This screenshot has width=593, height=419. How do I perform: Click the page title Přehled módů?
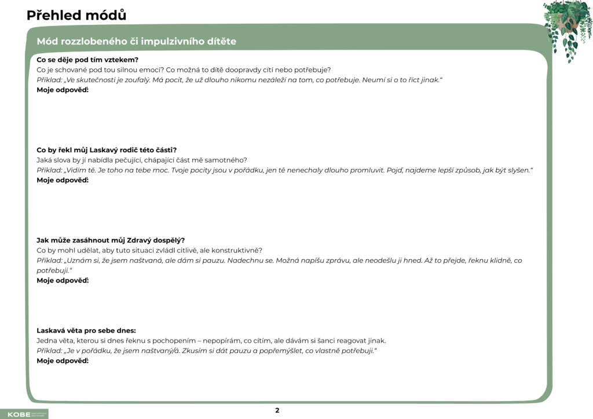pos(76,15)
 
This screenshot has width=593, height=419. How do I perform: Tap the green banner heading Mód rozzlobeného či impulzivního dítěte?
pos(136,42)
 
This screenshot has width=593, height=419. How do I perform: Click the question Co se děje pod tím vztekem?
pos(87,60)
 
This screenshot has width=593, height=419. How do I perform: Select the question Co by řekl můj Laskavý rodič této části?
pos(107,150)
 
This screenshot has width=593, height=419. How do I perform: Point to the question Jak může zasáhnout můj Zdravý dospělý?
pos(111,240)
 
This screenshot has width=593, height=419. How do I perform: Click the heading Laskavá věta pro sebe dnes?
pos(86,330)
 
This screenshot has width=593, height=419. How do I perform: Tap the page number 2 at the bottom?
pos(277,410)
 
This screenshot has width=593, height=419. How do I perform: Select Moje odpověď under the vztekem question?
pos(62,90)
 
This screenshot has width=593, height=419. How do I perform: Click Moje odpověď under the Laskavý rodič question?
pos(62,180)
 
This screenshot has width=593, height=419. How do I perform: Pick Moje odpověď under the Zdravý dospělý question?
pos(62,281)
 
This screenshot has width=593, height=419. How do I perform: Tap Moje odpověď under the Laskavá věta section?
pos(62,361)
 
